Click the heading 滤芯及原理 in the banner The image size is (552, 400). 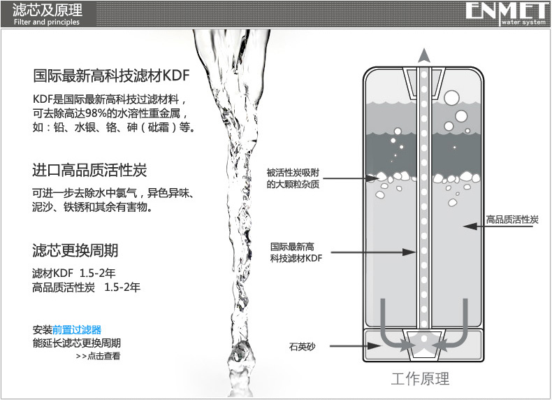pos(48,10)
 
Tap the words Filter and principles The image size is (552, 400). pos(47,22)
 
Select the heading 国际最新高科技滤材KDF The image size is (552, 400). pos(111,76)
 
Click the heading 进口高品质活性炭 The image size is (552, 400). pos(89,170)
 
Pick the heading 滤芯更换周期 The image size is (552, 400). pos(75,250)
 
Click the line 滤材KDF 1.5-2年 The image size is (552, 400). pos(74,273)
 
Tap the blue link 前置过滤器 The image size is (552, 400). pos(77,330)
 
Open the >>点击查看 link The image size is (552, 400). pos(98,356)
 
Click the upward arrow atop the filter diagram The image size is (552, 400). pos(424,55)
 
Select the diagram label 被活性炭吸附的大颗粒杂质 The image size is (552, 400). pos(293,178)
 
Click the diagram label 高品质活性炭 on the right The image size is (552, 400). pos(512,220)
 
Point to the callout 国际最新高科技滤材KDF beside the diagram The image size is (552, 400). pos(296,252)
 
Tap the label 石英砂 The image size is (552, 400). pos(302,347)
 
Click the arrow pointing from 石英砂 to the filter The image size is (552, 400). pos(355,345)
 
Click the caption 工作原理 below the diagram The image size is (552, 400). pos(421,379)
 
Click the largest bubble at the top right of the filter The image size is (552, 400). pos(451,98)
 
